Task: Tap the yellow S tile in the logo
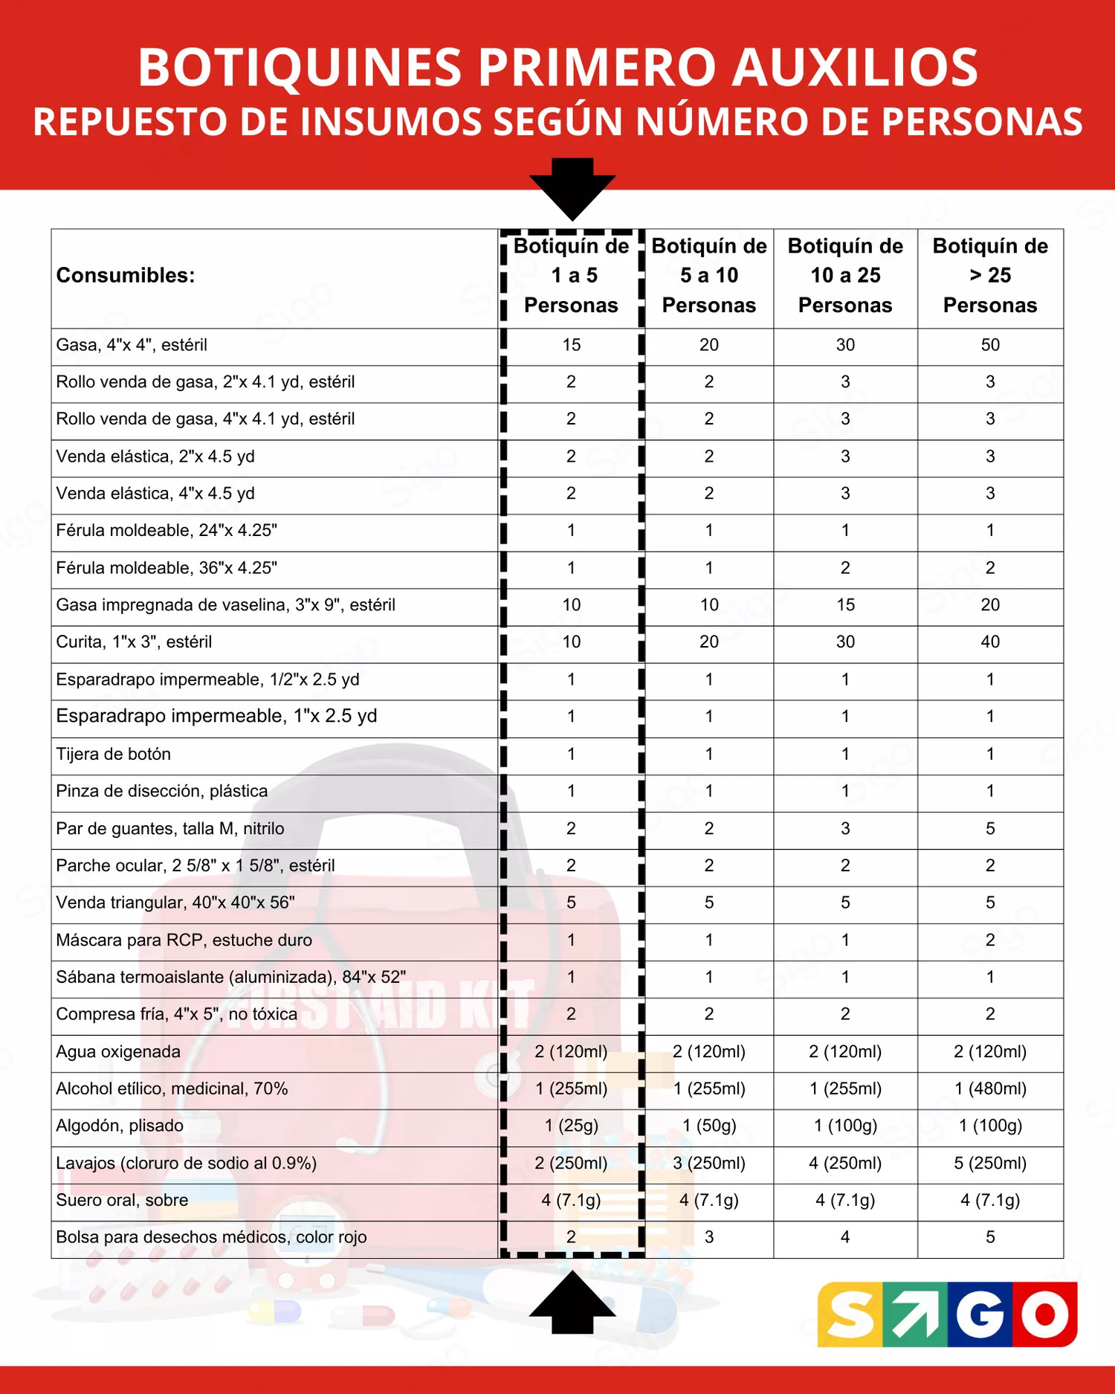(x=850, y=1314)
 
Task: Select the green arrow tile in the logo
(x=915, y=1314)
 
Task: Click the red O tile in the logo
(x=1044, y=1314)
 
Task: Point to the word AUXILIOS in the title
(x=854, y=68)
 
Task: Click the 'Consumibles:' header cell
(x=126, y=276)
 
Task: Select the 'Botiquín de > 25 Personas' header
(x=990, y=276)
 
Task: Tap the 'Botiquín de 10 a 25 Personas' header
(x=845, y=276)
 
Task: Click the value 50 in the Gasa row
(x=990, y=345)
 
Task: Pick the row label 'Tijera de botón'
(x=114, y=754)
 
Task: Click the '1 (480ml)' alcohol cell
(x=990, y=1088)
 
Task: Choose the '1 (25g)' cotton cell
(x=571, y=1126)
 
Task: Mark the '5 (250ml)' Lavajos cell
(x=990, y=1163)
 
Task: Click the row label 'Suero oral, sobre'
(x=122, y=1200)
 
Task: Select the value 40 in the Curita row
(x=990, y=642)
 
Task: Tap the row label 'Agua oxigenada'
(x=118, y=1051)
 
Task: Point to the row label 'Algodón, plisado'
(x=120, y=1126)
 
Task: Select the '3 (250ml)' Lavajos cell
(x=709, y=1163)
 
